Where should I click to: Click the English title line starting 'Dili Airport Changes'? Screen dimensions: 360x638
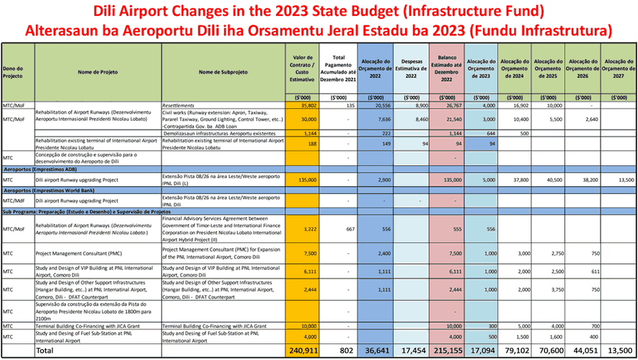319,12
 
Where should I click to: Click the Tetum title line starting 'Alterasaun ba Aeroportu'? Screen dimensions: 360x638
319,31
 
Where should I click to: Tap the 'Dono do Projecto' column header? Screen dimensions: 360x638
14,71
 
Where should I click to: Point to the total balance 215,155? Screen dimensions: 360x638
448,350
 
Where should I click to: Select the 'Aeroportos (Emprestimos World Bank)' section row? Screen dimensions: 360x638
58,190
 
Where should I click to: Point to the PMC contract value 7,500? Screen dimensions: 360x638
308,254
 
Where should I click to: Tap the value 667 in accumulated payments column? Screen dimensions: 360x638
349,229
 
